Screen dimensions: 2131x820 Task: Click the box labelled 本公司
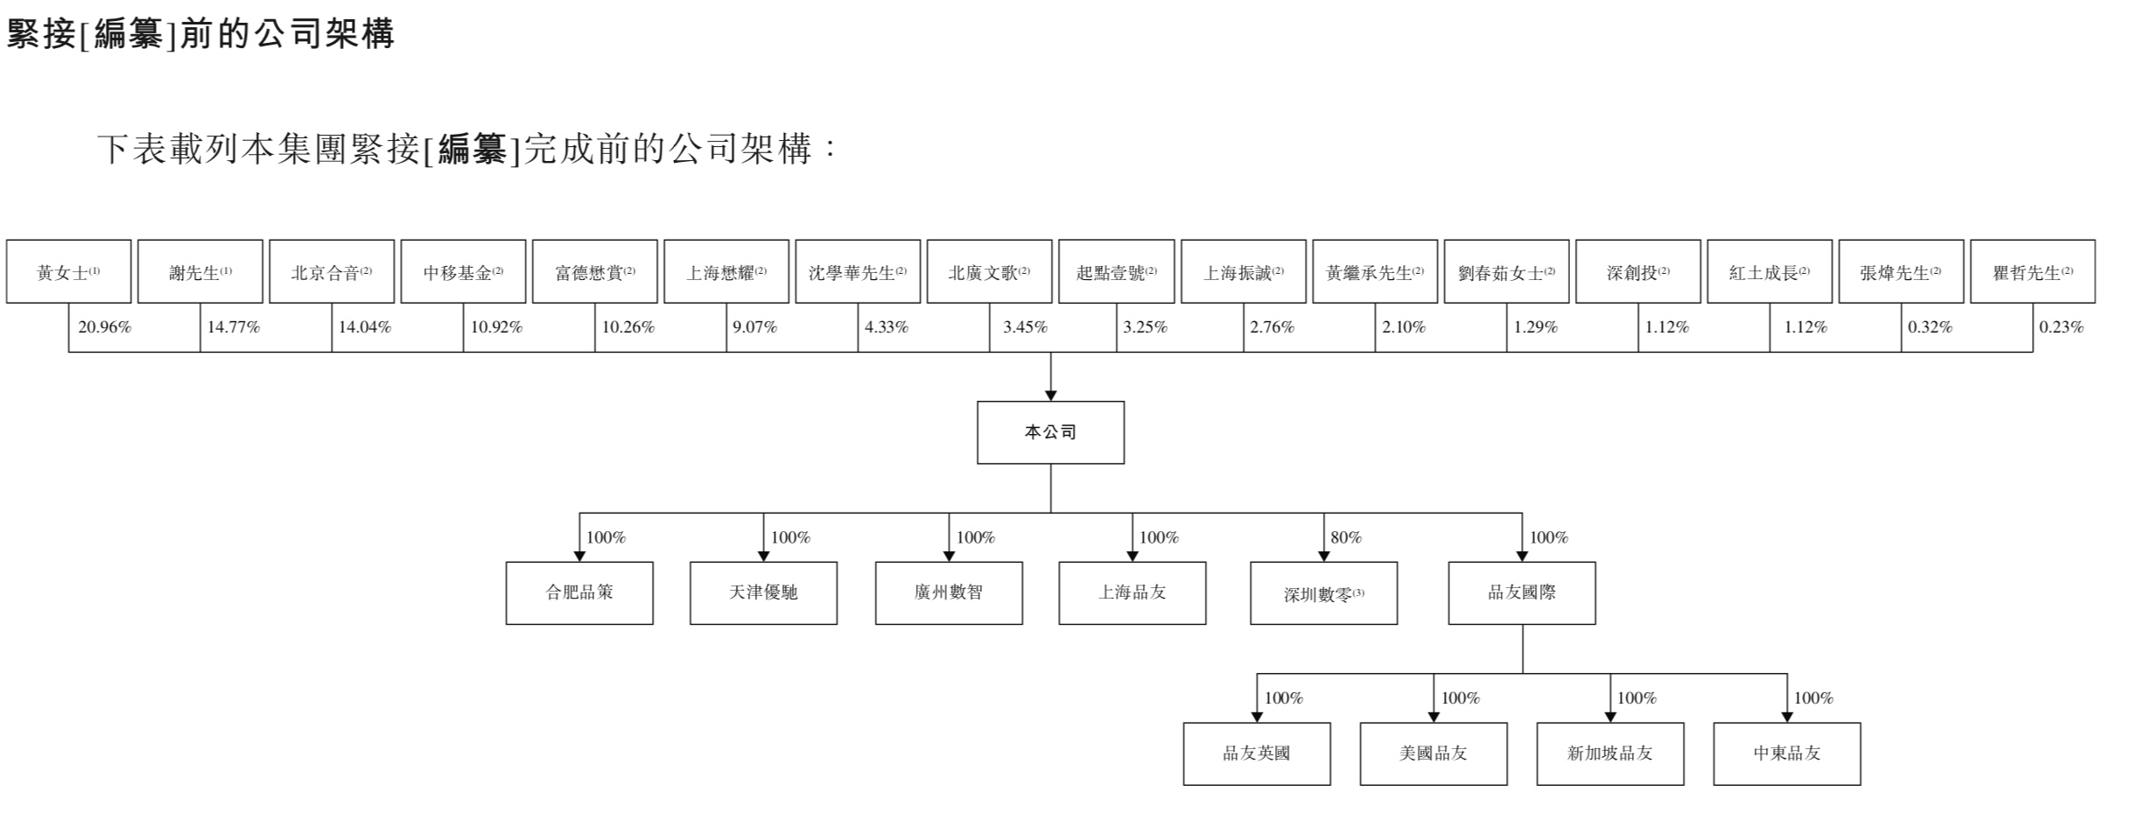[1050, 432]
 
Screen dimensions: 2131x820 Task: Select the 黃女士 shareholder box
[68, 271]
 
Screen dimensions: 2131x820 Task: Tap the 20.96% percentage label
[104, 327]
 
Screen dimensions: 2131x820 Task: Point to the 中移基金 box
[463, 271]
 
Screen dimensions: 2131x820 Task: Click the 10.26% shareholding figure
[628, 327]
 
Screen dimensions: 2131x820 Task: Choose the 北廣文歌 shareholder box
[989, 271]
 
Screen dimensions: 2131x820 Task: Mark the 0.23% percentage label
[2061, 327]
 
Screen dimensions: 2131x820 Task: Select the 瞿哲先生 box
[2032, 271]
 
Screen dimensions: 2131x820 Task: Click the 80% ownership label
[1346, 537]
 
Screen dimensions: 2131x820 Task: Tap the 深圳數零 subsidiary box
[1323, 593]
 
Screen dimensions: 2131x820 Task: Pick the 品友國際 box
[1522, 593]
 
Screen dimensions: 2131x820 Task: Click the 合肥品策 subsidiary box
[579, 593]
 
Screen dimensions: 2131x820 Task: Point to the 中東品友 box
[1787, 753]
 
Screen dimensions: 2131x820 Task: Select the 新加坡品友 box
[1610, 753]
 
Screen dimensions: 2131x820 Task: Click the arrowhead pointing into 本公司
[1051, 396]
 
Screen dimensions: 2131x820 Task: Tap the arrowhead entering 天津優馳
[763, 557]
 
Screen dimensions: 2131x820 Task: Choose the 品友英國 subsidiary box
[1257, 753]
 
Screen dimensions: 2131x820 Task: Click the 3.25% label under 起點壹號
[1146, 327]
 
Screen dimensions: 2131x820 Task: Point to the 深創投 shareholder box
[1637, 271]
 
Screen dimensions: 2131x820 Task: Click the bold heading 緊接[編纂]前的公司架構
[200, 34]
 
